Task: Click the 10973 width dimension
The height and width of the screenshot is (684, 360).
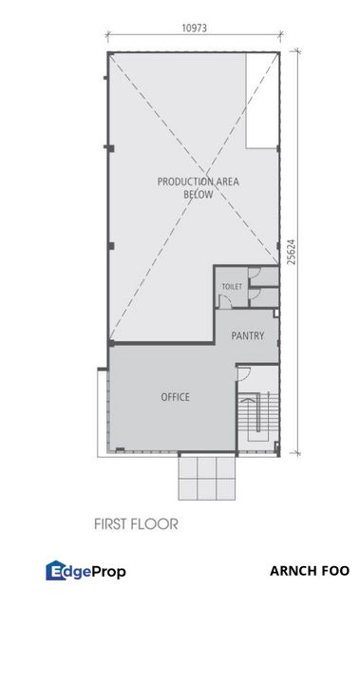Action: coord(194,28)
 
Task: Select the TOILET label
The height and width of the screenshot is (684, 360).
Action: coord(232,286)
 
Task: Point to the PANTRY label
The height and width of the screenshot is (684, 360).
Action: coord(247,335)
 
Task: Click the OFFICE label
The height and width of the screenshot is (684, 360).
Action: coord(175,397)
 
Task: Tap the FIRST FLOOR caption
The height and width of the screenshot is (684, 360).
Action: coord(136,523)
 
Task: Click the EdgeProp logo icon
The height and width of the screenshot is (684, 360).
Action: coord(55,571)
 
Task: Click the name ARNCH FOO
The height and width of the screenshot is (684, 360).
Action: coord(310,571)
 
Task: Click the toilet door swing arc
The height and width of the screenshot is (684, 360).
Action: coord(226,301)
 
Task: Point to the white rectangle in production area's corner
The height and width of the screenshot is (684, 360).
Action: coord(263,101)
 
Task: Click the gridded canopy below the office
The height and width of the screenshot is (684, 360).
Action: coord(206,478)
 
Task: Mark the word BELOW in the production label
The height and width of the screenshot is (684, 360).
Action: coord(199,195)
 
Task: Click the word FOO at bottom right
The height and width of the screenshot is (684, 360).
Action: coord(334,571)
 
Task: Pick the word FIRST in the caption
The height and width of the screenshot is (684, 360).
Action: coord(111,523)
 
